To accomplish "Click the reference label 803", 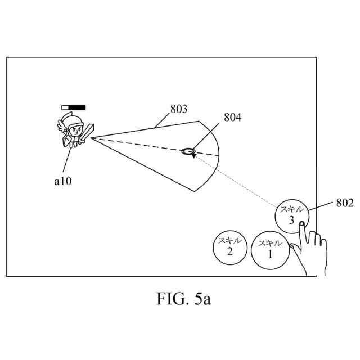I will [x=178, y=109].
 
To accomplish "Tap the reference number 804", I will [x=232, y=118].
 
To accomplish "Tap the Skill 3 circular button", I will [x=291, y=215].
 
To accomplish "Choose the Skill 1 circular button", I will [x=269, y=250].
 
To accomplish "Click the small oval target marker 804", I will [x=188, y=151].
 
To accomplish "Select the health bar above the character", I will [x=74, y=107].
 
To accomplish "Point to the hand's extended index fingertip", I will [x=302, y=224].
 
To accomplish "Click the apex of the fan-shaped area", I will [x=90, y=137].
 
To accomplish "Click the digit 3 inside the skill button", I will [x=291, y=221].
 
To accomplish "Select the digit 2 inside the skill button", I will [x=229, y=251].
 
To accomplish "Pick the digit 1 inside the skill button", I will [x=269, y=254].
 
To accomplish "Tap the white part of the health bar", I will [x=66, y=107].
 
